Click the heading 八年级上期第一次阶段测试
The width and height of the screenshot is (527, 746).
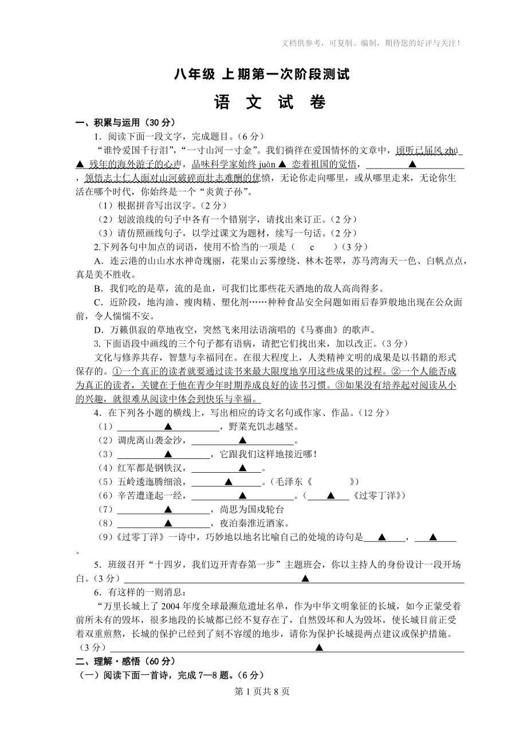click(262, 75)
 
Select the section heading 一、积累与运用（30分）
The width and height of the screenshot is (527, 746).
click(125, 123)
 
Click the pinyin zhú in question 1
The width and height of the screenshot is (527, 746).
click(451, 151)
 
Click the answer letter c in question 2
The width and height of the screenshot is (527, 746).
click(312, 247)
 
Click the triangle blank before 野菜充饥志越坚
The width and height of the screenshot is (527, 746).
click(168, 427)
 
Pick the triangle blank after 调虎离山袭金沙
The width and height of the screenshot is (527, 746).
click(242, 441)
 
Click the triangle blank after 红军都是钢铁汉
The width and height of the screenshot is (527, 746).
click(242, 468)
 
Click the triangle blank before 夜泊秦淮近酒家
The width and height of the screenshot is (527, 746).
click(168, 523)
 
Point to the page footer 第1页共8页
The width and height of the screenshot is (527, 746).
click(263, 691)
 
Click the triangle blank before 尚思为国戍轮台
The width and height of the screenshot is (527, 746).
click(168, 509)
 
